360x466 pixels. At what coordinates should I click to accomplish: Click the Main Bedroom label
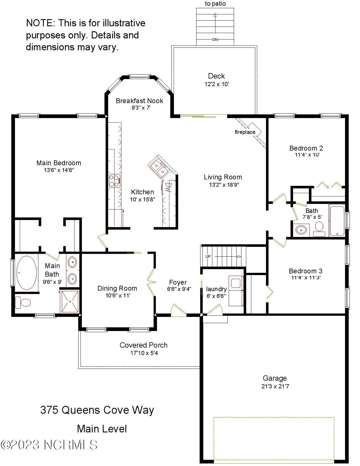tap(59, 163)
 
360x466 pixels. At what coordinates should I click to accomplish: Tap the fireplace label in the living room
tap(245, 132)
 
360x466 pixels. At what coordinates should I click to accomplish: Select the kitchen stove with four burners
tap(115, 181)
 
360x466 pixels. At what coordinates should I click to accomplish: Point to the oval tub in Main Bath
tap(27, 273)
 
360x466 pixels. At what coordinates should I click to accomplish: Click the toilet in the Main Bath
tap(23, 302)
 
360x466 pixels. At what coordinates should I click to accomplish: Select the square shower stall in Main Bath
tap(70, 301)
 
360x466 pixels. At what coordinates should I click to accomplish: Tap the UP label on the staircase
tap(208, 256)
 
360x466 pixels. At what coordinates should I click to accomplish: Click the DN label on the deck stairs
tap(215, 40)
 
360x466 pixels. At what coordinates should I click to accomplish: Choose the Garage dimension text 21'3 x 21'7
tap(275, 386)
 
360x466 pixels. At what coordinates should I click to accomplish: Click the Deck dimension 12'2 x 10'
tap(217, 84)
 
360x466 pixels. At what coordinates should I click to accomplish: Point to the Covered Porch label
tap(143, 345)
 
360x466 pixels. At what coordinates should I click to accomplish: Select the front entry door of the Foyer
tap(178, 311)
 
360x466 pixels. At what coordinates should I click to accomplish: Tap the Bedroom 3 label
tap(306, 271)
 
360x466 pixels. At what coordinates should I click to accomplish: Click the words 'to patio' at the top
tap(215, 4)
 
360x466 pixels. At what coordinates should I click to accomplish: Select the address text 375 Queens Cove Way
tap(97, 410)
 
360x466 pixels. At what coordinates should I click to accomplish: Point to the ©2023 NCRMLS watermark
tap(49, 445)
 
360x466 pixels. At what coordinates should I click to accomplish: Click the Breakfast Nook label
tap(139, 101)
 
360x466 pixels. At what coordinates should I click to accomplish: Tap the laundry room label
tap(216, 289)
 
